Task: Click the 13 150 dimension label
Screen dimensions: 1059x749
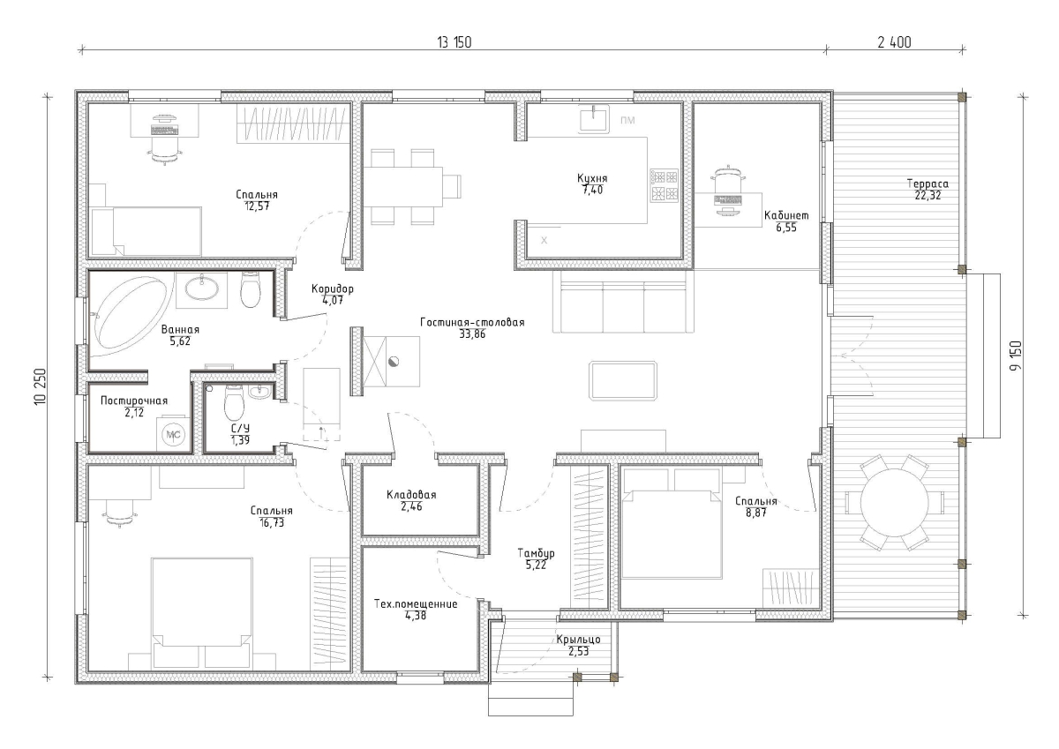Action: (x=454, y=42)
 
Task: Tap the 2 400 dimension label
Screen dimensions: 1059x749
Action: (x=895, y=42)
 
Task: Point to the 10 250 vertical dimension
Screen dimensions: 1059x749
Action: (x=41, y=386)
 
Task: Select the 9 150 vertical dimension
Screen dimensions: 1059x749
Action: (x=1016, y=356)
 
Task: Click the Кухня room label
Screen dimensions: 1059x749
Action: (x=592, y=178)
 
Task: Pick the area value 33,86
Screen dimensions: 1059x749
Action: (x=472, y=334)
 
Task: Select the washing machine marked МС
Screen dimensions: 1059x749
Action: (x=173, y=434)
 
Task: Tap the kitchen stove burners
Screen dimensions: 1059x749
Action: (x=665, y=186)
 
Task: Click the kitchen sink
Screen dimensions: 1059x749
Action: (x=594, y=118)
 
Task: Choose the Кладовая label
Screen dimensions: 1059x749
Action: (x=411, y=495)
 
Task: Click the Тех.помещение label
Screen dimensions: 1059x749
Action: (x=416, y=604)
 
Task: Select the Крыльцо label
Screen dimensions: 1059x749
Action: (x=578, y=640)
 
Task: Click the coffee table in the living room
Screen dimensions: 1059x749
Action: (x=623, y=380)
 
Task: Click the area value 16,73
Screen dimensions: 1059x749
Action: (x=272, y=522)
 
